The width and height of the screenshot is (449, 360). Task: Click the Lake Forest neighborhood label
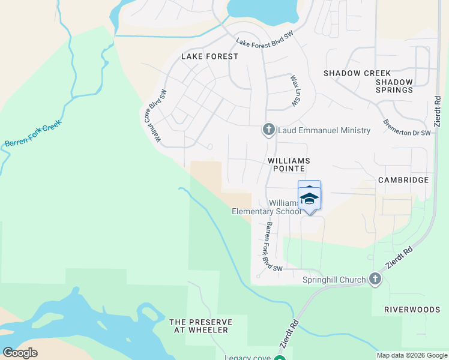pos(209,56)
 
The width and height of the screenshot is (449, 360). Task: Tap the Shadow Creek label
pos(357,73)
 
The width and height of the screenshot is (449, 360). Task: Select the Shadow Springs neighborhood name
pos(394,86)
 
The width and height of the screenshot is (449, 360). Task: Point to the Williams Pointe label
pos(289,165)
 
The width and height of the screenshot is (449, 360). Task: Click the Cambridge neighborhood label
pos(403,180)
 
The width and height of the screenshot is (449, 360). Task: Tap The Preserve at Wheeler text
pos(200,326)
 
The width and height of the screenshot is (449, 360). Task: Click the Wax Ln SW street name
pos(295,91)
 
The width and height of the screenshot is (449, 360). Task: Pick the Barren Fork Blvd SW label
pos(273,247)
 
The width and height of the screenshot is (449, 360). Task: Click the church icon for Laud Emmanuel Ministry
pos(268,130)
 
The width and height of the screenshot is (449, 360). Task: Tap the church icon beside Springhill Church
pos(375,279)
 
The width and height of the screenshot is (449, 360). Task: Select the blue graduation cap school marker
pos(309,198)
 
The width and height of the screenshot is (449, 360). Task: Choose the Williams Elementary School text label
pos(267,208)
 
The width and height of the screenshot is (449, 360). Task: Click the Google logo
pos(20,353)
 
